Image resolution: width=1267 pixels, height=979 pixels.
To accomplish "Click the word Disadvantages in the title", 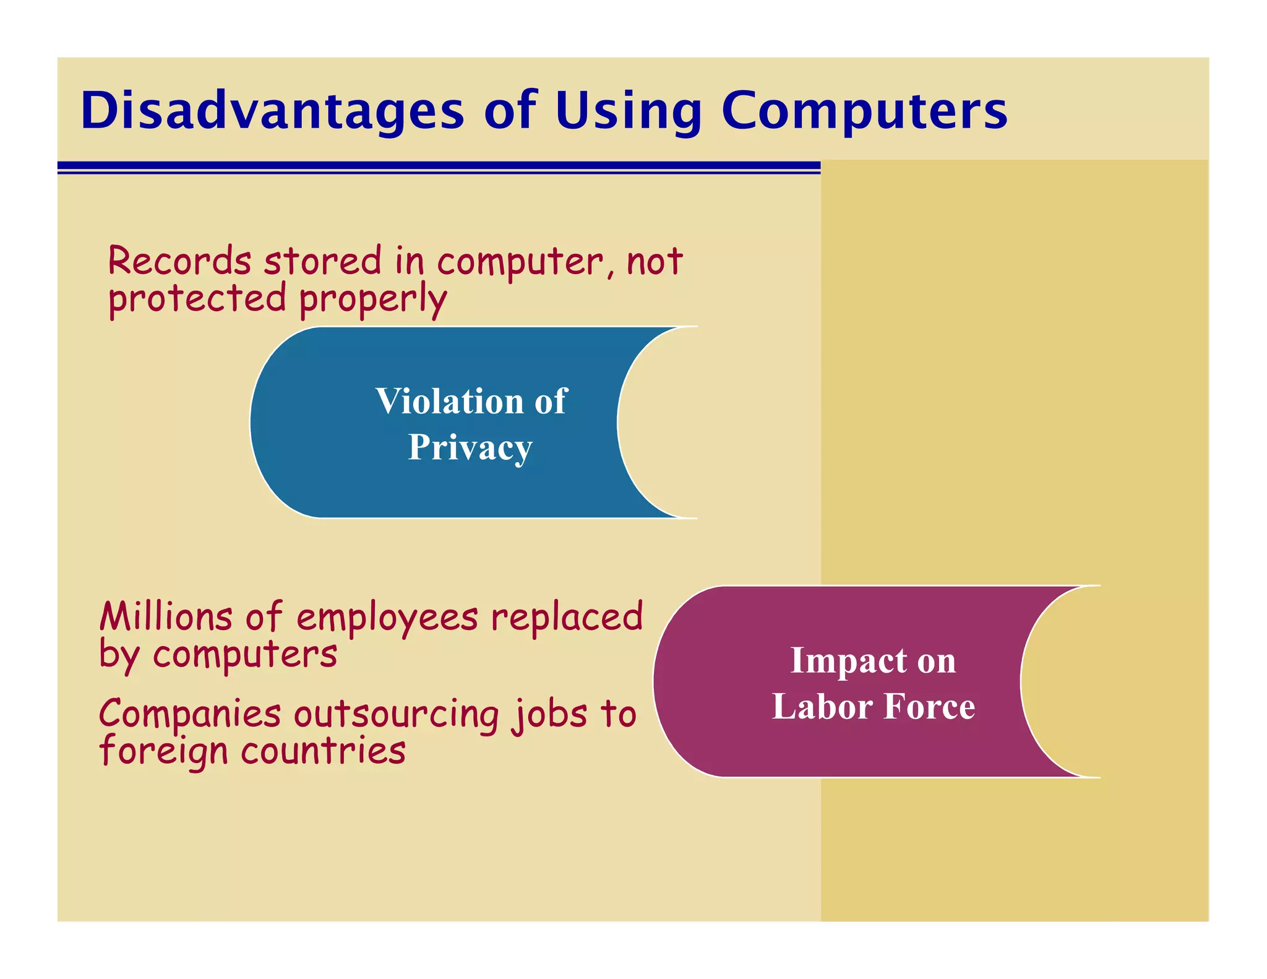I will coord(272,111).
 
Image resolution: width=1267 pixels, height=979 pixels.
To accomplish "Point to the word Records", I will coord(179,261).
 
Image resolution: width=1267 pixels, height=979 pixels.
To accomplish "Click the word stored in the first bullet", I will coord(322,261).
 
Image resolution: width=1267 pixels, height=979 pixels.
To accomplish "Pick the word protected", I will coord(197,299).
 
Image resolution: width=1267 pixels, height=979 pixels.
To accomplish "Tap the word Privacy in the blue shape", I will coord(470,447).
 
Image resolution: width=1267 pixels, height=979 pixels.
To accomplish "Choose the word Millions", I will coord(166,617).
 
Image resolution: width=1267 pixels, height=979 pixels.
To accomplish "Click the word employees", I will coord(387,618).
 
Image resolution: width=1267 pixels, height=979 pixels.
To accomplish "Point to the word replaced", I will coord(567,617).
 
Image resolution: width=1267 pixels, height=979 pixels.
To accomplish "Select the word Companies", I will coord(190,714).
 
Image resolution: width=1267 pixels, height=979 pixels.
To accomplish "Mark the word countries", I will coord(323,751).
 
